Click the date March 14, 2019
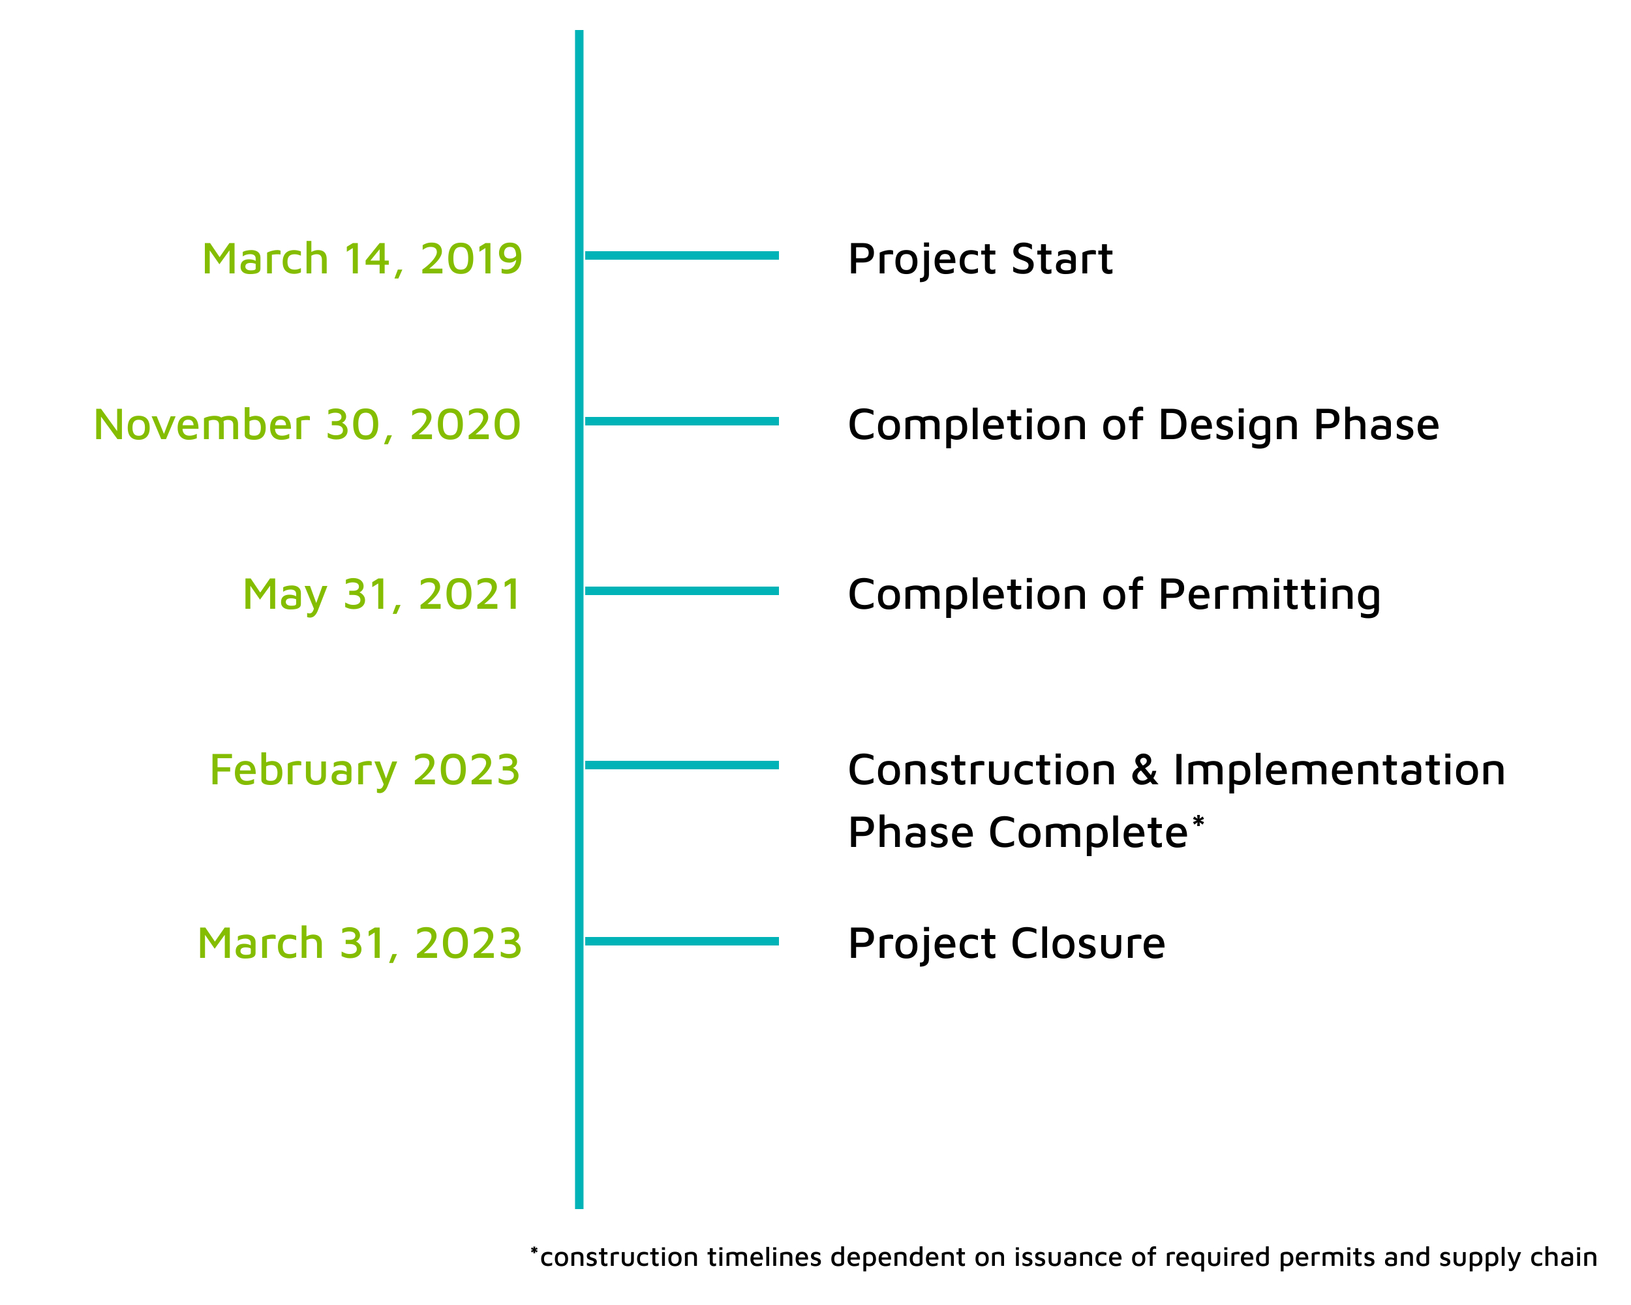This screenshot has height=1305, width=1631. pos(362,260)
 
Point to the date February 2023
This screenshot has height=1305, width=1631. pos(365,771)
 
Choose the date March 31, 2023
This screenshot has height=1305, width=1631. pos(359,944)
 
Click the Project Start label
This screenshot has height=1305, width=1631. pos(981,260)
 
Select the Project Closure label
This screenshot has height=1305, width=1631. pos(1007,945)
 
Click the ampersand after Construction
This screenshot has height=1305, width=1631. pos(1144,771)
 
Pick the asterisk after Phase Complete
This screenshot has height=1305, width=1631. pos(1198,821)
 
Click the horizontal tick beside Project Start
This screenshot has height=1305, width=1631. pos(682,256)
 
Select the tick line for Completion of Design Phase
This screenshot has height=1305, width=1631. pos(682,422)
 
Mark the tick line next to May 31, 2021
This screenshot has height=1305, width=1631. pos(682,591)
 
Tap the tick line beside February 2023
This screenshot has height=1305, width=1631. pos(682,765)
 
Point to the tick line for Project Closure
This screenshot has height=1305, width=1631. pos(682,941)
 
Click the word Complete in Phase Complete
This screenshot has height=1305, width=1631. pos(1089,834)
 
